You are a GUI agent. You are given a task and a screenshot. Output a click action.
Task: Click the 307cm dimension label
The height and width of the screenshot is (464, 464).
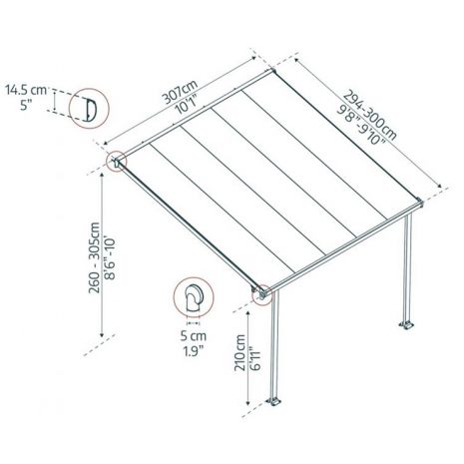[180, 92]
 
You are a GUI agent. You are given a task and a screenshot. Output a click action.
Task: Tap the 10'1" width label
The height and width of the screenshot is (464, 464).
[187, 104]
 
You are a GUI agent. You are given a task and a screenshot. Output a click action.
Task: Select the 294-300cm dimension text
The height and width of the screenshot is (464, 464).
[370, 115]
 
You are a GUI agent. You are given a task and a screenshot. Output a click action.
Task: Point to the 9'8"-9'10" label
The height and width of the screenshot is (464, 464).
[361, 125]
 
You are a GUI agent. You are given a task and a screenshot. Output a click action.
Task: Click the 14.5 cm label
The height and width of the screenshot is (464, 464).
[26, 90]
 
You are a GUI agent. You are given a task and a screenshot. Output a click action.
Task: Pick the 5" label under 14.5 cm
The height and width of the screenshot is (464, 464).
[26, 105]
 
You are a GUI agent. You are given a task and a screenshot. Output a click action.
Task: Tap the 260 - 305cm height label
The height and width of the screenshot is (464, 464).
[94, 257]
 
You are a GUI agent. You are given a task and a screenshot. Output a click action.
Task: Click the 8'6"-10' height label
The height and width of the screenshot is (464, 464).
[110, 258]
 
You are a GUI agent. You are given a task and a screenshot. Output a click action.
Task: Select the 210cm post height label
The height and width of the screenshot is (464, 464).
[239, 352]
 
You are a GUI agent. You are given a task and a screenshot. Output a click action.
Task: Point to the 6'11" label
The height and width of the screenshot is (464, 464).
[255, 357]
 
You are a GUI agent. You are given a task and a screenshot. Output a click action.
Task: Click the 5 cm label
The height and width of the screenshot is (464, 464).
[194, 336]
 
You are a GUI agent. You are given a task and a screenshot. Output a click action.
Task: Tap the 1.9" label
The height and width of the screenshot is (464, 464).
[194, 351]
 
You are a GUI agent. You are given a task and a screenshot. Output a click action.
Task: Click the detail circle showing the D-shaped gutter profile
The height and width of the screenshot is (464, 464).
[89, 89]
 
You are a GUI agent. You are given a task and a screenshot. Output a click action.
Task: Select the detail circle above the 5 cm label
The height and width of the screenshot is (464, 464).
[194, 277]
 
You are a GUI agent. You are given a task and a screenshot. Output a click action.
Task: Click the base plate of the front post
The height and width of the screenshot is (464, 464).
[273, 401]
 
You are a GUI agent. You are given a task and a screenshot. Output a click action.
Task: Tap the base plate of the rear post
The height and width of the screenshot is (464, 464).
[406, 324]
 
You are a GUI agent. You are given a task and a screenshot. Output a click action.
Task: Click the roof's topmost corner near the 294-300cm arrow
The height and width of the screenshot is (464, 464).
[273, 71]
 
